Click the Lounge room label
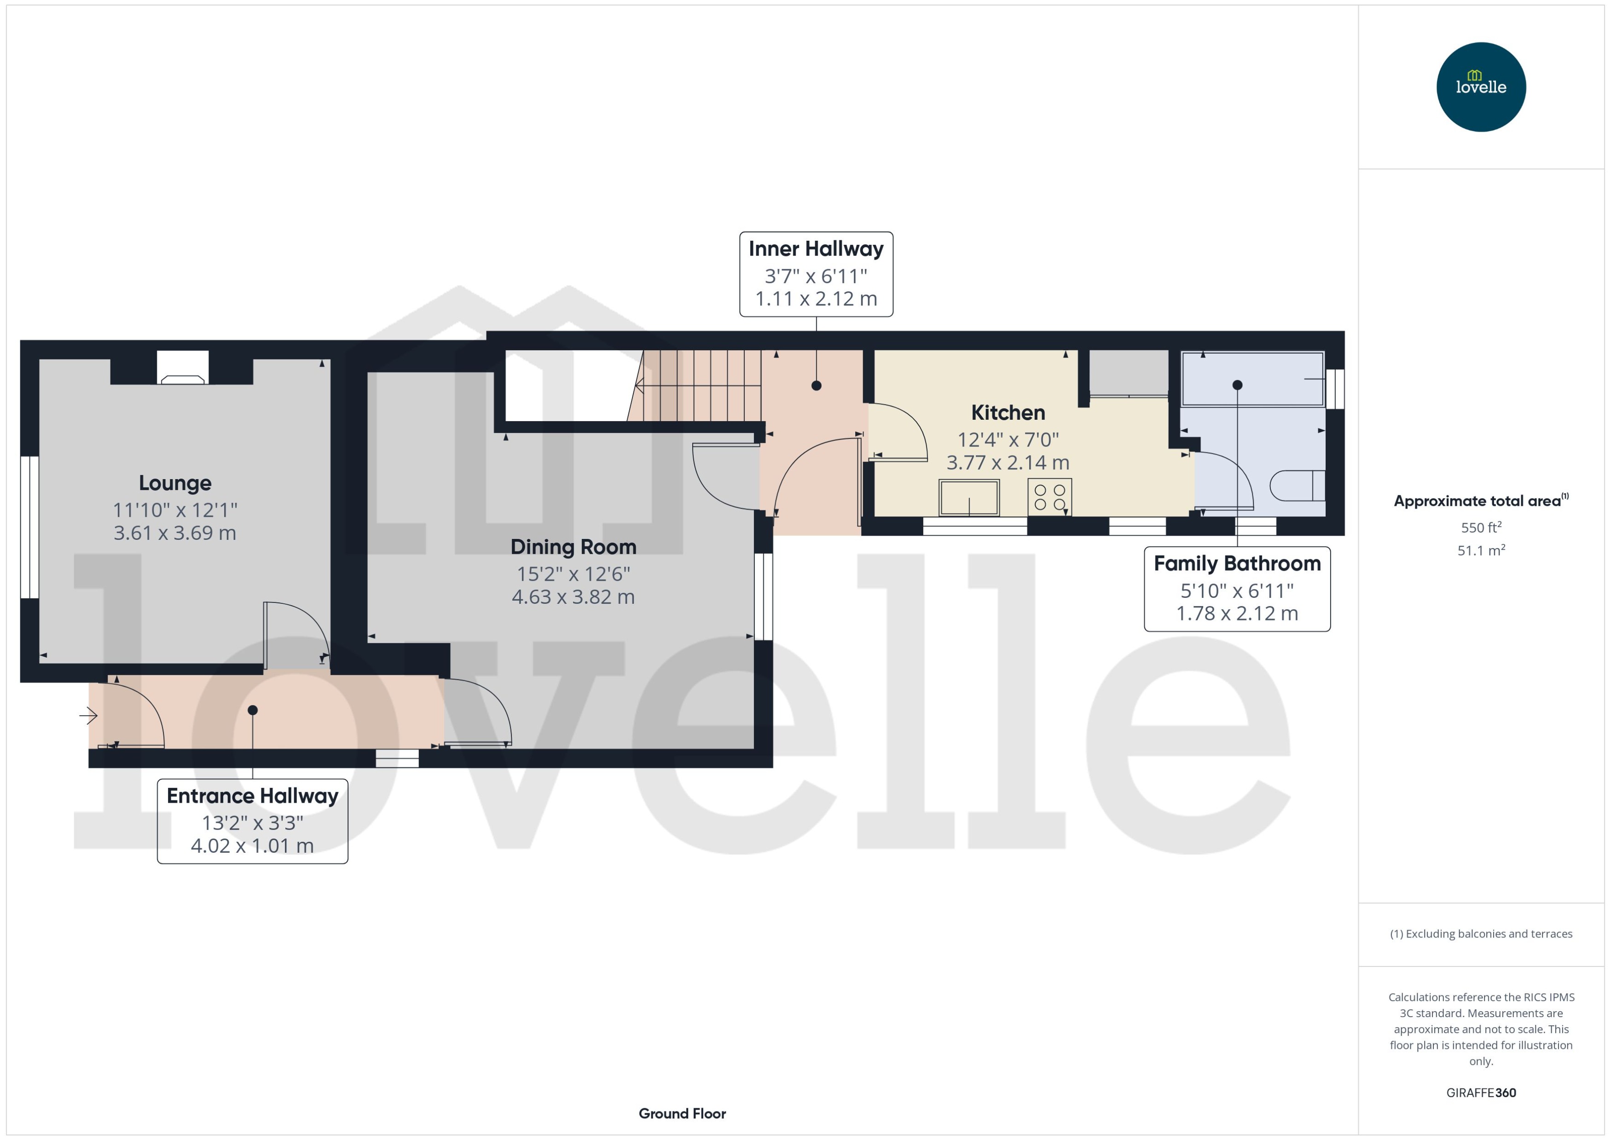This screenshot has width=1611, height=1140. pyautogui.click(x=175, y=483)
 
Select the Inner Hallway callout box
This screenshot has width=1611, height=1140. pyautogui.click(x=816, y=274)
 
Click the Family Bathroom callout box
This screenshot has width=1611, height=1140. pyautogui.click(x=1237, y=589)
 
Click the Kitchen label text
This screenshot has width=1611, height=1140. pyautogui.click(x=1007, y=413)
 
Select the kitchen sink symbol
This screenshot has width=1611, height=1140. pyautogui.click(x=969, y=498)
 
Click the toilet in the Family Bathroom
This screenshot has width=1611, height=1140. pyautogui.click(x=1297, y=486)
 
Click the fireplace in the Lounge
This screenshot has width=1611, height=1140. pyautogui.click(x=183, y=368)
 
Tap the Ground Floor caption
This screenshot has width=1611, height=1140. pyautogui.click(x=682, y=1113)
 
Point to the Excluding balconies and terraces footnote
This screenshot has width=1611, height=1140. pyautogui.click(x=1480, y=934)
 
